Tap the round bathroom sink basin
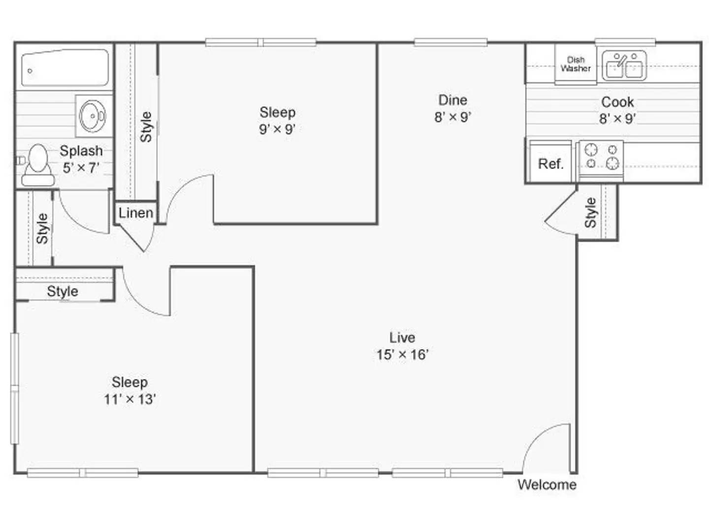point(92,116)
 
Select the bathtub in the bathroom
point(64,68)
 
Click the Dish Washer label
point(575,65)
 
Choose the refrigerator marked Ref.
point(550,164)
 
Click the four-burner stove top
point(601,156)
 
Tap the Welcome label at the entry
point(547,485)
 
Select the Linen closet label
point(135,213)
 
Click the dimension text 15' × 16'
point(402,355)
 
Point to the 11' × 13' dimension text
point(129,399)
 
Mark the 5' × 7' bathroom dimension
point(81,168)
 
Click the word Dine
point(452,100)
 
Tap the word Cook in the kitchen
point(617,102)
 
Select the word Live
point(402,337)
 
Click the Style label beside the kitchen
point(590,212)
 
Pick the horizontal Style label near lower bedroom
point(63,291)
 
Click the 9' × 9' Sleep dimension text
point(277,129)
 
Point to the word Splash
point(81,151)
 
